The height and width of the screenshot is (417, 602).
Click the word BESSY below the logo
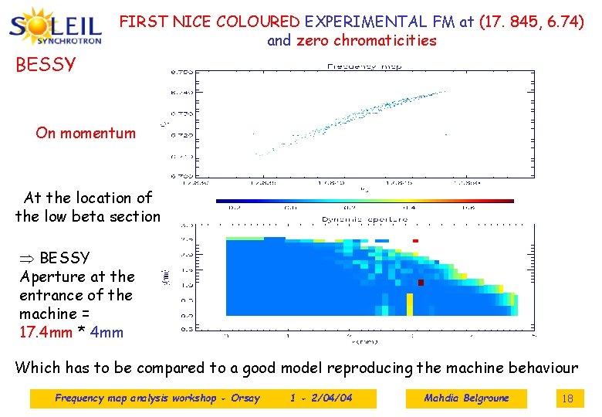click(46, 64)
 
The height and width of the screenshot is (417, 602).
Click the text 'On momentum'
click(85, 133)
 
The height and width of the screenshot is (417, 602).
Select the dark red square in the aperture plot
click(421, 283)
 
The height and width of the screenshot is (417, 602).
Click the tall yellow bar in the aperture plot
click(410, 303)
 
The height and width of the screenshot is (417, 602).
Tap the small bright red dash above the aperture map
click(415, 241)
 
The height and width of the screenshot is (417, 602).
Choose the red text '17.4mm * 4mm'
click(71, 333)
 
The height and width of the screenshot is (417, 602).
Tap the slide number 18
click(567, 398)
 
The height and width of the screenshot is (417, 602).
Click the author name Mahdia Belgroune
click(466, 398)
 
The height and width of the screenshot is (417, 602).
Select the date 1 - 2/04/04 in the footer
click(321, 398)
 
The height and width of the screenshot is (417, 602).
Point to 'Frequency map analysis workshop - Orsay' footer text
click(157, 398)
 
